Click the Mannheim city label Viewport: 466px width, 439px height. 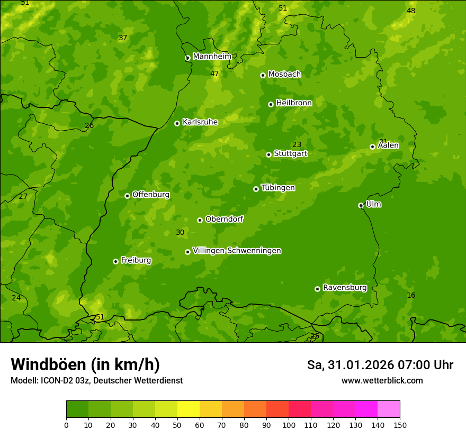coord(212,57)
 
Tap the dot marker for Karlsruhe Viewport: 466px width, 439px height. coord(177,123)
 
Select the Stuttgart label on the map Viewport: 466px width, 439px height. coord(290,154)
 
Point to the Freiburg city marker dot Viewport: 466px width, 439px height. coord(115,261)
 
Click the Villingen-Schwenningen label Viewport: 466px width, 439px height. coord(237,251)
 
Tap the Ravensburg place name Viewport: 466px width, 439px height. coord(344,288)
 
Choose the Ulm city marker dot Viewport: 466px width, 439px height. coord(361,205)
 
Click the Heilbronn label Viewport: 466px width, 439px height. coord(294,103)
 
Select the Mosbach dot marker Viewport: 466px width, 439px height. coord(263,75)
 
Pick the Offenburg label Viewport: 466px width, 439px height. coord(151,195)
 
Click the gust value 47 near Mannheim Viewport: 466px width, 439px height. coord(214,74)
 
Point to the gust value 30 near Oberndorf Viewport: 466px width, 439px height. coord(180,233)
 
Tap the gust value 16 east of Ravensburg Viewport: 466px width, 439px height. coord(411,295)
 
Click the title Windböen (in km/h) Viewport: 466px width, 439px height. coord(85,364)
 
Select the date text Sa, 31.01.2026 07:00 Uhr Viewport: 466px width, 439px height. coord(380,365)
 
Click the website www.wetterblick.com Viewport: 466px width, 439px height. coord(382,381)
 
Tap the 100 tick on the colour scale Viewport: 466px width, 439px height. coord(289,425)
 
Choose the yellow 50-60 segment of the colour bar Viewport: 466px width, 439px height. coord(189,409)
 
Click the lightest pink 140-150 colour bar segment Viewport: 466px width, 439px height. coord(389,409)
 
